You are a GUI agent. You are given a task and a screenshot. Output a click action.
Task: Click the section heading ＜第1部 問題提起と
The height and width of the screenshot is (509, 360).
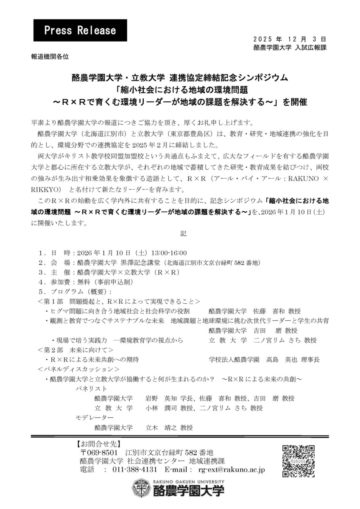pyautogui.click(x=118, y=302)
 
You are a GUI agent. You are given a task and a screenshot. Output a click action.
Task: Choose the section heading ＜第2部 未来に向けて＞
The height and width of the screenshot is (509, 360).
pyautogui.click(x=75, y=350)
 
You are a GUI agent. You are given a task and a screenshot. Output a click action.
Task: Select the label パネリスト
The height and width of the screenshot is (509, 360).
pyautogui.click(x=91, y=389)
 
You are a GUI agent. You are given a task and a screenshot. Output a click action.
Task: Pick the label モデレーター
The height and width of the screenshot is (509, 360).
pyautogui.click(x=91, y=418)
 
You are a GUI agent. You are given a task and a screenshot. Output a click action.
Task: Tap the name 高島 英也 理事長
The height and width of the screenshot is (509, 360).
pyautogui.click(x=293, y=359)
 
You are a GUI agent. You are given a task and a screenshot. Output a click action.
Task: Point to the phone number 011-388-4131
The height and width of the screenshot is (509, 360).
pyautogui.click(x=135, y=470)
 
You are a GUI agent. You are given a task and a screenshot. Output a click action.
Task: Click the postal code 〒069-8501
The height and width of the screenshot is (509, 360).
pyautogui.click(x=101, y=453)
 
